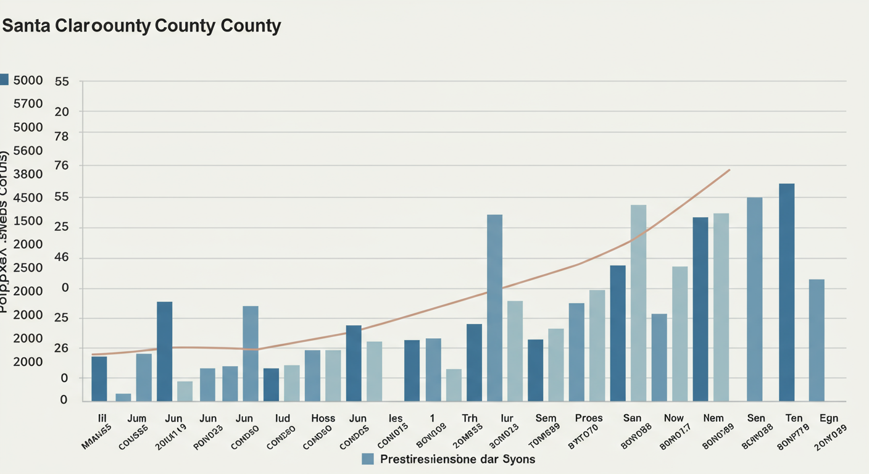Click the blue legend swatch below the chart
pyautogui.click(x=368, y=459)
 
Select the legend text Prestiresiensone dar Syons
pyautogui.click(x=457, y=459)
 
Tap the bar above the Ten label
pyautogui.click(x=786, y=293)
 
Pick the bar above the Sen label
pyautogui.click(x=754, y=299)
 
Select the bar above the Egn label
pyautogui.click(x=817, y=340)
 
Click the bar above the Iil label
pyautogui.click(x=99, y=379)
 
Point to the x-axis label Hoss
pyautogui.click(x=323, y=418)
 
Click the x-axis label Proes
pyautogui.click(x=588, y=418)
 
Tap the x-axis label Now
pyautogui.click(x=673, y=418)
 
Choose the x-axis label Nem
pyautogui.click(x=713, y=418)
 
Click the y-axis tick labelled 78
pyautogui.click(x=62, y=136)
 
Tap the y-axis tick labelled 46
pyautogui.click(x=62, y=258)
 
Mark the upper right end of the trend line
pyautogui.click(x=730, y=170)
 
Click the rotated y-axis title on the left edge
pyautogui.click(x=5, y=231)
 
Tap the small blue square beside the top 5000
pyautogui.click(x=4, y=80)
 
